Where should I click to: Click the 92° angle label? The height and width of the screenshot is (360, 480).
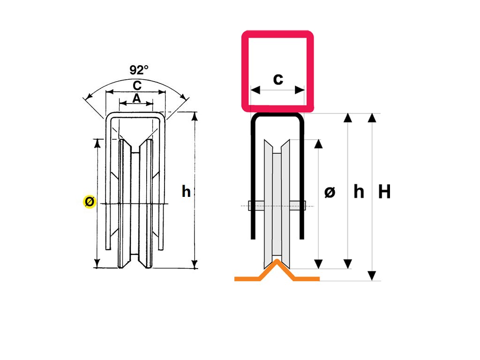(139, 70)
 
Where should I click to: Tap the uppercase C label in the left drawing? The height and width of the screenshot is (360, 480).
(137, 86)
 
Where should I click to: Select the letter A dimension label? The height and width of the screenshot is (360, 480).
(136, 98)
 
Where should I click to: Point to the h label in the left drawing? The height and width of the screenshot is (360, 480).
(186, 191)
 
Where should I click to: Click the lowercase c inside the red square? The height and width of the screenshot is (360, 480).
(278, 79)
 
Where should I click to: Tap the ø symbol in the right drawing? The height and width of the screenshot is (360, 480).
(330, 192)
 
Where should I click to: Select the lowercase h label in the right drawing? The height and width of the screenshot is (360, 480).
(359, 191)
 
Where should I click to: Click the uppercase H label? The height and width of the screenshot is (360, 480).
(384, 191)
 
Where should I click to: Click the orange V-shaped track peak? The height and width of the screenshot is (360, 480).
(277, 262)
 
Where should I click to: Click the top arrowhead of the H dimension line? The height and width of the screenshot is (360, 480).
(372, 117)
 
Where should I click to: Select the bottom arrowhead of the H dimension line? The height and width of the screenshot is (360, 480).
(372, 276)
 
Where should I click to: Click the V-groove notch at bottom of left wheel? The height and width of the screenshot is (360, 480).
(136, 262)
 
